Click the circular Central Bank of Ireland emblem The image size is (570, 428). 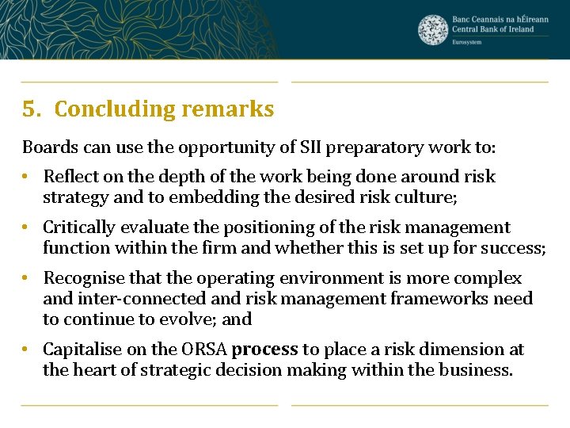(x=433, y=29)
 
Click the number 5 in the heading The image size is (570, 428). (x=29, y=109)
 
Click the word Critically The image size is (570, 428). (x=78, y=228)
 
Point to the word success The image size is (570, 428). (x=514, y=248)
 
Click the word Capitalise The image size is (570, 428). (x=79, y=350)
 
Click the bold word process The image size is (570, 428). (x=265, y=350)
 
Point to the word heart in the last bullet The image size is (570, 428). (x=94, y=369)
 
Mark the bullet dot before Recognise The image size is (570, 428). (x=26, y=279)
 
